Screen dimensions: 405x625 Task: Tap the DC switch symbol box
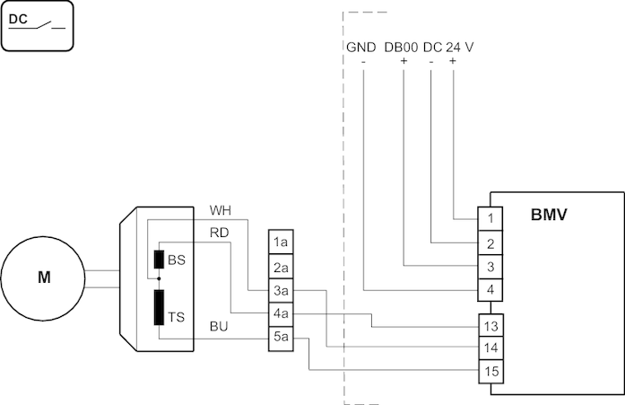point(38,24)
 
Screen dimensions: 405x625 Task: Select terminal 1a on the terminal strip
point(281,242)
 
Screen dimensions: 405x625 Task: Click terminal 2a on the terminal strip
point(281,267)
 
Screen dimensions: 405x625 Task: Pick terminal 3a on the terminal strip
point(281,290)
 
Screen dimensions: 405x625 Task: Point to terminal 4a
point(281,314)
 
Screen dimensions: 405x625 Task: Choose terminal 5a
point(281,338)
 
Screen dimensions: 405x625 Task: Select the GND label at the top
point(360,47)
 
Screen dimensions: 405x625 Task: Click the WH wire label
point(220,210)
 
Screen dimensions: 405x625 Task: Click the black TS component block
point(159,307)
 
